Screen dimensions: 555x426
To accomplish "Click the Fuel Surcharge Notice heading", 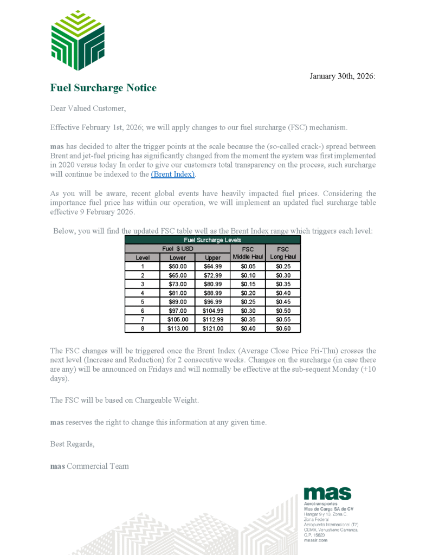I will [x=103, y=88].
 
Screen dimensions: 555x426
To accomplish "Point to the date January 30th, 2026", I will [x=342, y=76].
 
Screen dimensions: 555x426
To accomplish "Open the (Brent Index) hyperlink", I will [x=172, y=175].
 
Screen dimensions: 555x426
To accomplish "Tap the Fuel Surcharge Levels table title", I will [x=212, y=240].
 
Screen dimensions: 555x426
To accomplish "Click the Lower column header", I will [x=177, y=258].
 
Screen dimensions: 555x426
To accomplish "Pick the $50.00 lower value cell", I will [x=177, y=267].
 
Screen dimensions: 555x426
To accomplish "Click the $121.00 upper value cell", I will [x=212, y=328].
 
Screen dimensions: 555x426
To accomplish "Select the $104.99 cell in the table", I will [x=212, y=311].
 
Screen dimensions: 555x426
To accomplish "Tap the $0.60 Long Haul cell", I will [x=282, y=328].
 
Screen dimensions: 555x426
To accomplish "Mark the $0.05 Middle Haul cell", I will [x=248, y=267].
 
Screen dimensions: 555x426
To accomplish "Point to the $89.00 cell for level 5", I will [x=177, y=302].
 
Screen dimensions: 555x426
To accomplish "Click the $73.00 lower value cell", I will [x=177, y=284].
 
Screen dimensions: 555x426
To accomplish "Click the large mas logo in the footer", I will [x=327, y=493].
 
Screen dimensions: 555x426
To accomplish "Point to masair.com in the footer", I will [x=316, y=540].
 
